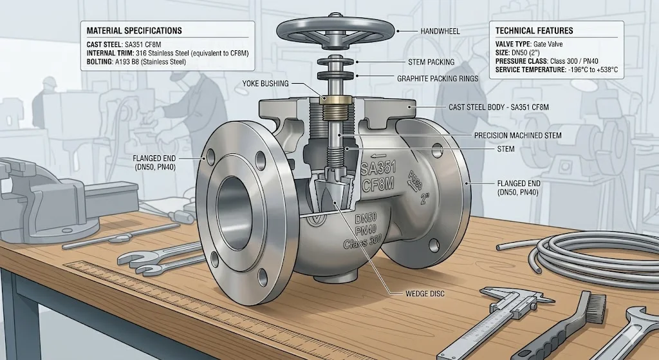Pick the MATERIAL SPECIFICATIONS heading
click(x=134, y=30)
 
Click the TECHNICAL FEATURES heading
click(x=534, y=30)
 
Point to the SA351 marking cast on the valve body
click(x=378, y=169)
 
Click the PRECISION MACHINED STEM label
click(x=517, y=135)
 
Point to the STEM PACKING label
click(x=431, y=62)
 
